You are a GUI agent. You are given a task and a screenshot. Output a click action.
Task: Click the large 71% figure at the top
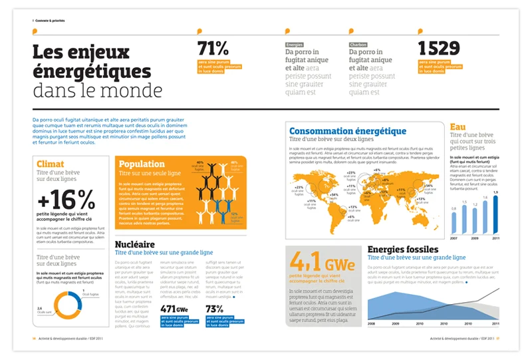pyautogui.click(x=213, y=49)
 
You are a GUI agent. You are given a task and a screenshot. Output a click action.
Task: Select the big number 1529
pyautogui.click(x=439, y=49)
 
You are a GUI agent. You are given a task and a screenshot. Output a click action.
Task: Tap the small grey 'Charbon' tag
pyautogui.click(x=358, y=45)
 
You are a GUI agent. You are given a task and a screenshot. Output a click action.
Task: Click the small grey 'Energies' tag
pyautogui.click(x=294, y=45)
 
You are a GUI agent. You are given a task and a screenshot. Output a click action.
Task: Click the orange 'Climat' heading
pyautogui.click(x=51, y=164)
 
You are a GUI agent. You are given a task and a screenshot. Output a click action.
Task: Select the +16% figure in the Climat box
pyautogui.click(x=66, y=199)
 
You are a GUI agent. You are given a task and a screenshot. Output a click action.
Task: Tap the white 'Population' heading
pyautogui.click(x=141, y=164)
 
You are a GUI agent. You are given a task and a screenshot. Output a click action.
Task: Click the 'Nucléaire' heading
pyautogui.click(x=135, y=245)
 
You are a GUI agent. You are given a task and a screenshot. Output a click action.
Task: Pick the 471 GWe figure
pyautogui.click(x=174, y=309)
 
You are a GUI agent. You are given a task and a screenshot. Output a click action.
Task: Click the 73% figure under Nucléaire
pyautogui.click(x=214, y=309)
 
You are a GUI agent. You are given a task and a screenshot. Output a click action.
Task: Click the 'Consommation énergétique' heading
pyautogui.click(x=347, y=131)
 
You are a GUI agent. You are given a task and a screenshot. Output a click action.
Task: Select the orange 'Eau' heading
pyautogui.click(x=458, y=127)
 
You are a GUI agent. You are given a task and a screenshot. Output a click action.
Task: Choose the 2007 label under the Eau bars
pyautogui.click(x=454, y=238)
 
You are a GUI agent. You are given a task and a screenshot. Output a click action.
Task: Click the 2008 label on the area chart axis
pyautogui.click(x=371, y=324)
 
